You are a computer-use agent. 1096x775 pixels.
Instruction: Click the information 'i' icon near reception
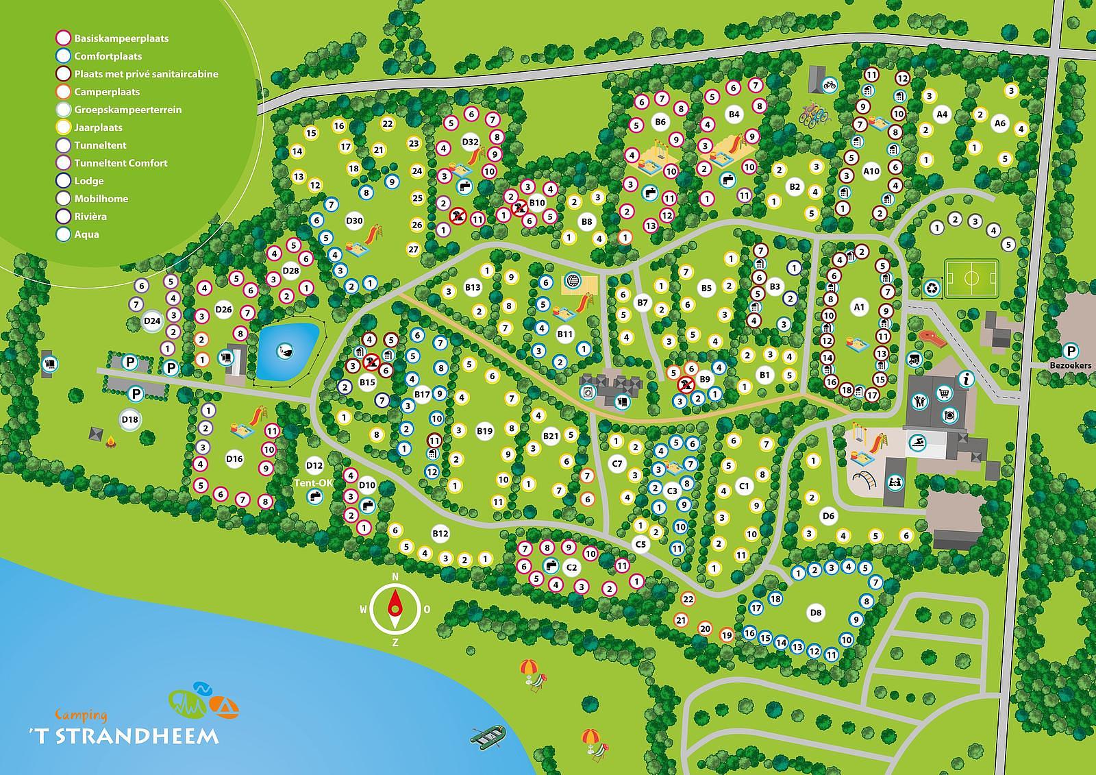click(967, 378)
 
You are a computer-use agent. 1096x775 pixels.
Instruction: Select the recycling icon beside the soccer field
click(932, 288)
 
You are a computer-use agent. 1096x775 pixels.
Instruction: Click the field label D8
click(815, 612)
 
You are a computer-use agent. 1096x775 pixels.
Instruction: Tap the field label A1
click(859, 308)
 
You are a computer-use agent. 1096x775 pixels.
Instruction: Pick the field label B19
click(484, 431)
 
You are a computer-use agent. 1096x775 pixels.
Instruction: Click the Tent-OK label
click(314, 482)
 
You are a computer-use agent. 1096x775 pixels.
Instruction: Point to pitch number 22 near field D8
click(688, 599)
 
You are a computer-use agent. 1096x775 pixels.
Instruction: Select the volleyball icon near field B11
click(573, 281)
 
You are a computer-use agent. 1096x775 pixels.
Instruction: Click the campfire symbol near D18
click(109, 446)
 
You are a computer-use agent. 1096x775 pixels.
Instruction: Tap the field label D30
click(354, 221)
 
